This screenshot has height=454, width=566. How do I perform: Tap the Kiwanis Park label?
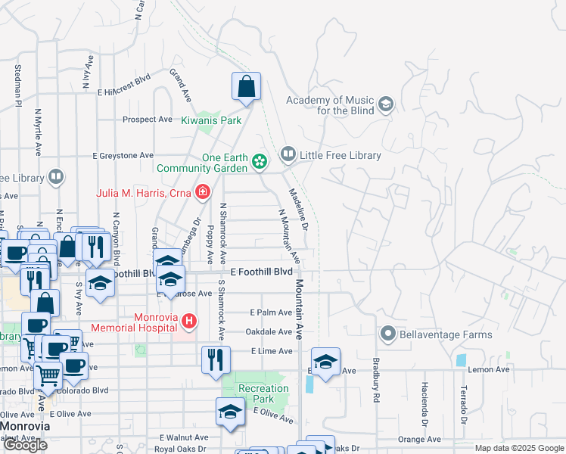[211, 120]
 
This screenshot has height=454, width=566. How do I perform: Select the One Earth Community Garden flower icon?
[260, 161]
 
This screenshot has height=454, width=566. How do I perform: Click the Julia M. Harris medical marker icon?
[202, 192]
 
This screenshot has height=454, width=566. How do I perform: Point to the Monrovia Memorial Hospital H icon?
[188, 322]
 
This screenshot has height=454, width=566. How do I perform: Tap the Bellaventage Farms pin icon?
[388, 334]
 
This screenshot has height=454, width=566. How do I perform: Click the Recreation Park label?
[263, 393]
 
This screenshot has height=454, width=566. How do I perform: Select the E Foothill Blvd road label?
[261, 271]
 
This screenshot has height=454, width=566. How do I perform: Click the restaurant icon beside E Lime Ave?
[216, 359]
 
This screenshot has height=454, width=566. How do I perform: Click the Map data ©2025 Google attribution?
[519, 448]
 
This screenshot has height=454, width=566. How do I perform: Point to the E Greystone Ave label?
[123, 156]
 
